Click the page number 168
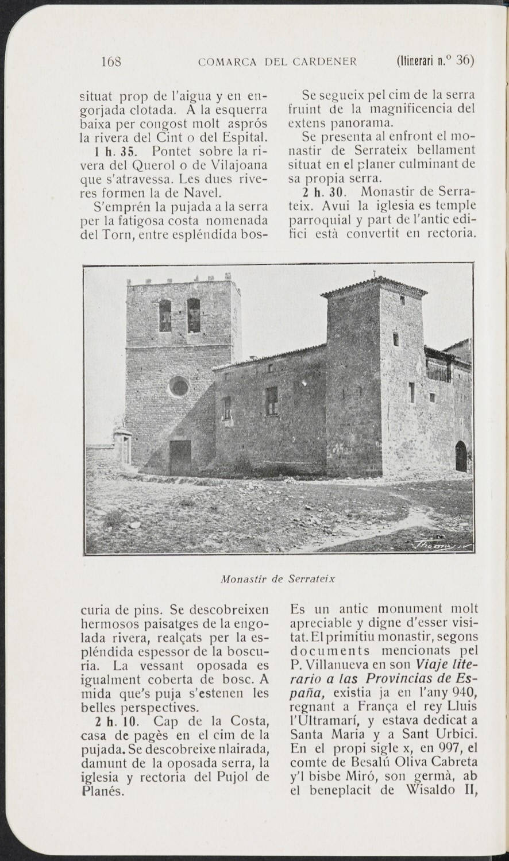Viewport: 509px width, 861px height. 109,61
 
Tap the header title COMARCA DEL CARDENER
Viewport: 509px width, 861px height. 277,61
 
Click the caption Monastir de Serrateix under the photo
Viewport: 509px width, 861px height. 277,578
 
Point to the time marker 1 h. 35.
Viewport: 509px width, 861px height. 112,151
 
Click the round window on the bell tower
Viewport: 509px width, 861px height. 179,387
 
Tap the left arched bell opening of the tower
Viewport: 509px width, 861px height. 165,316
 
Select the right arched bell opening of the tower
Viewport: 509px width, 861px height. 194,315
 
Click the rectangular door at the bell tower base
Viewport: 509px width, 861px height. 180,457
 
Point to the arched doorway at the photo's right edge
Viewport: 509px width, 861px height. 461,457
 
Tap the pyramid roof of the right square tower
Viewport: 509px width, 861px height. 374,285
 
